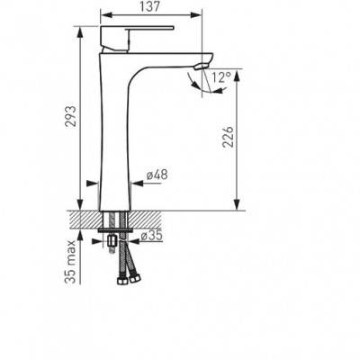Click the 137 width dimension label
[150, 6]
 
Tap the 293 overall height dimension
[71, 116]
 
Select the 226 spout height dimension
[228, 137]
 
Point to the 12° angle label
[221, 77]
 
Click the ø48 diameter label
[157, 175]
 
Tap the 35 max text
[69, 262]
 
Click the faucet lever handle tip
[174, 28]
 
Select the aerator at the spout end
[201, 67]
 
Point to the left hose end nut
[122, 282]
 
